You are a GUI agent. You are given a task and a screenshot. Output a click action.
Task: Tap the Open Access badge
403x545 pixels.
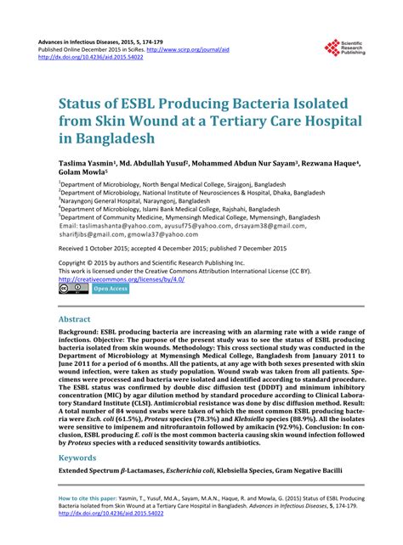(110, 289)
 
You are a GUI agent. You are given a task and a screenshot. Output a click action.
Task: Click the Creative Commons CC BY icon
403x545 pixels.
(73, 289)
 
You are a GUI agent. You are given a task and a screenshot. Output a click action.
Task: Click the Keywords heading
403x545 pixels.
(82, 457)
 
